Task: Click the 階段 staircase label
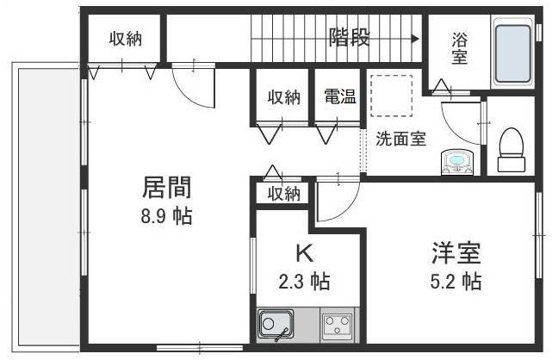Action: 350,37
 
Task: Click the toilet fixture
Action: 512,147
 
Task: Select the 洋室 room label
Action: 456,253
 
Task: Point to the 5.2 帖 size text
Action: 456,281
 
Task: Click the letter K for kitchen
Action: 303,253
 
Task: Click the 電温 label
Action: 339,97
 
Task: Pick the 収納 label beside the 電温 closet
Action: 282,97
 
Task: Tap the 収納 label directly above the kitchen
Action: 282,193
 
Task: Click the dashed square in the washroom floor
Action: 392,93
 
